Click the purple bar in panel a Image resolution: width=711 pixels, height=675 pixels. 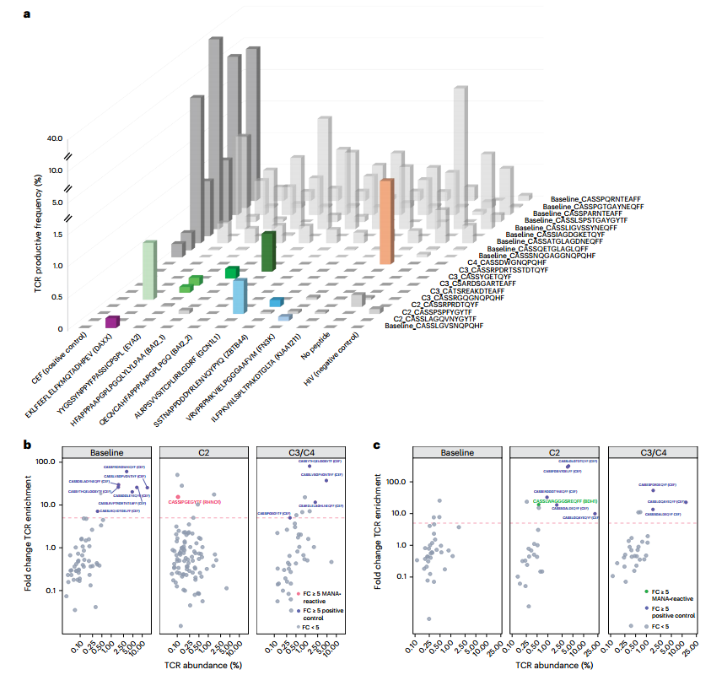tap(112, 321)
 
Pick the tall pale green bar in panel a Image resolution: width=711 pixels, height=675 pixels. tap(148, 270)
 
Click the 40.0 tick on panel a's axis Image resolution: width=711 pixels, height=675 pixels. tap(55, 138)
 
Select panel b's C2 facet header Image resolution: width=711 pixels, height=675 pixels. tap(206, 452)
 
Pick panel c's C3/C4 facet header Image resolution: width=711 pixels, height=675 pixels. tap(654, 452)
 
